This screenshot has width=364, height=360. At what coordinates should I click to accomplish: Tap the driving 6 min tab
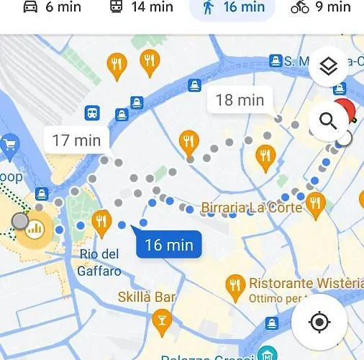pyautogui.click(x=51, y=8)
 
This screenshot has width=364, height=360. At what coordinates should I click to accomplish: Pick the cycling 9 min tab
pyautogui.click(x=320, y=8)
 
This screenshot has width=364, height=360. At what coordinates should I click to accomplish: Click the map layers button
pyautogui.click(x=328, y=67)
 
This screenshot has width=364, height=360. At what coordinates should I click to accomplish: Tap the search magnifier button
pyautogui.click(x=328, y=121)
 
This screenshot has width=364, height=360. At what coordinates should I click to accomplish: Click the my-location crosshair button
pyautogui.click(x=319, y=321)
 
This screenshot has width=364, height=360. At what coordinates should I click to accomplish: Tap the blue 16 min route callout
pyautogui.click(x=169, y=245)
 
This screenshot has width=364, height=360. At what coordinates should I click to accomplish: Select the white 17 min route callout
pyautogui.click(x=76, y=140)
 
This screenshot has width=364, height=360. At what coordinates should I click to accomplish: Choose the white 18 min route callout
pyautogui.click(x=240, y=100)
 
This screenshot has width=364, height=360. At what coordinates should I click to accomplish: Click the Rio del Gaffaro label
pyautogui.click(x=100, y=263)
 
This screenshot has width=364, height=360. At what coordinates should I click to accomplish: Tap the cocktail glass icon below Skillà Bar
pyautogui.click(x=163, y=318)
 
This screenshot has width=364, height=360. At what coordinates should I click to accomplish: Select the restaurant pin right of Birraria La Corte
pyautogui.click(x=315, y=204)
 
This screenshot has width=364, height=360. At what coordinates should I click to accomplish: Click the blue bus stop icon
pyautogui.click(x=92, y=113)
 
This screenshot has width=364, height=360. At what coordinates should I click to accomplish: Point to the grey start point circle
pyautogui.click(x=20, y=221)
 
